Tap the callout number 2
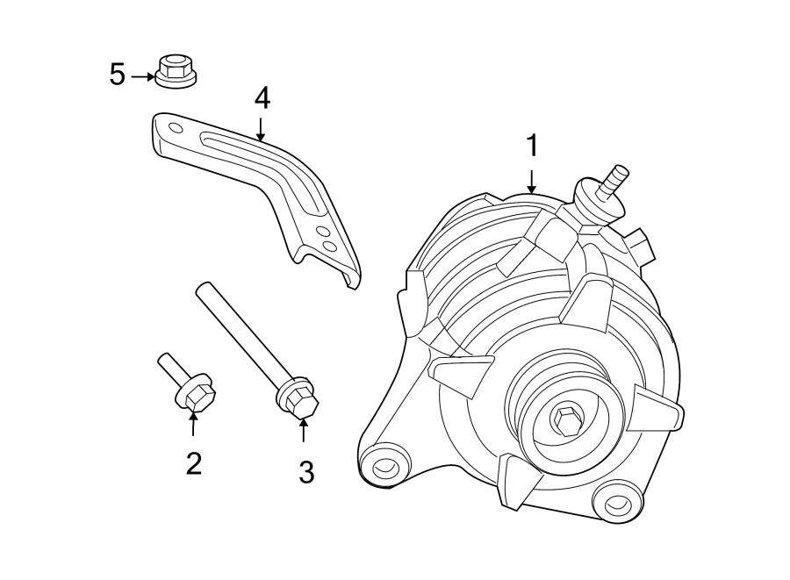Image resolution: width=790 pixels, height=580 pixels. pyautogui.click(x=193, y=462)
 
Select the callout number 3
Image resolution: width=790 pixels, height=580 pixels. pyautogui.click(x=305, y=472)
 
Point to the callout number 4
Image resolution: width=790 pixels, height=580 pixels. pyautogui.click(x=261, y=98)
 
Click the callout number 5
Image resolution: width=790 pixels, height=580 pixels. pyautogui.click(x=118, y=75)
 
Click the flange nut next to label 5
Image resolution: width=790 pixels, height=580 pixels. pyautogui.click(x=175, y=71)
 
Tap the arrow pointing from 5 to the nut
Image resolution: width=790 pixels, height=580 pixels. pyautogui.click(x=142, y=77)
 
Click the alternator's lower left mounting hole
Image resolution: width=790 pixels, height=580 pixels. pyautogui.click(x=384, y=466)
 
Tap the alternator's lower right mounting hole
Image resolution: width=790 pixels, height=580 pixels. pyautogui.click(x=616, y=504)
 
